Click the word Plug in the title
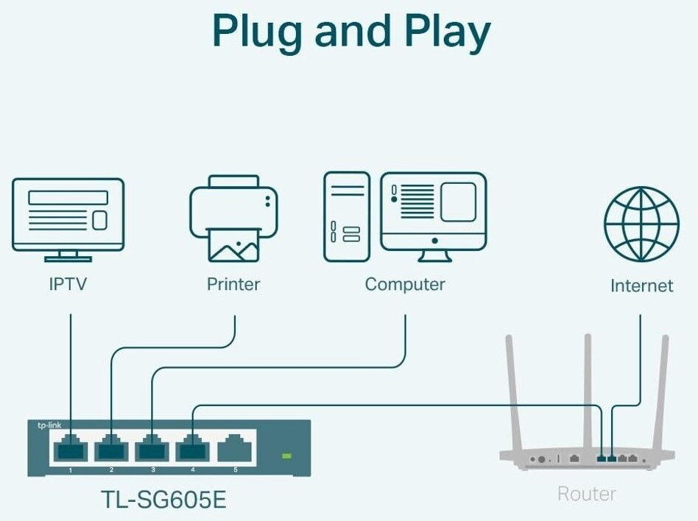click(257, 32)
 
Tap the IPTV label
click(68, 284)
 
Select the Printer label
click(233, 284)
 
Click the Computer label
click(405, 284)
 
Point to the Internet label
click(641, 286)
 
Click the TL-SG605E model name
click(163, 499)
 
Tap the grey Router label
click(587, 494)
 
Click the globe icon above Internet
click(641, 224)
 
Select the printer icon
click(233, 218)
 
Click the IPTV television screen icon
click(68, 220)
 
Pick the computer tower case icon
click(347, 216)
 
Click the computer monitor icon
click(434, 216)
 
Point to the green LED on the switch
click(287, 456)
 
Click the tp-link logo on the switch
click(49, 425)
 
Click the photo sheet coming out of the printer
click(233, 245)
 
